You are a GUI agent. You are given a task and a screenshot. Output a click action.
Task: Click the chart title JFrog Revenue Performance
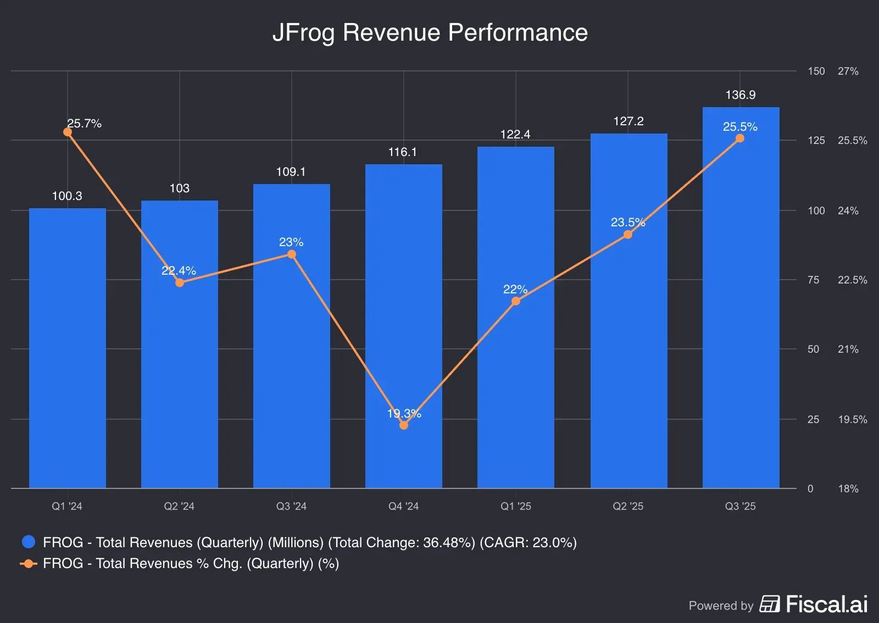(430, 32)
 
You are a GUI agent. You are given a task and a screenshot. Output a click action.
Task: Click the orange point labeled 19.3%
(404, 425)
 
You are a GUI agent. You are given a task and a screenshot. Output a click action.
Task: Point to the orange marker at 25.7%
(68, 132)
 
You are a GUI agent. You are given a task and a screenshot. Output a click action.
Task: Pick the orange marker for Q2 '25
(628, 235)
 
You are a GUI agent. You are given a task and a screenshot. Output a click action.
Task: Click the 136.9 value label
(740, 95)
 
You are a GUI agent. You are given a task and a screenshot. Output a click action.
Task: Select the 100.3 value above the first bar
(67, 196)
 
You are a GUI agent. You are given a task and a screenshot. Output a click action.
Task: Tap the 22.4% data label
(179, 271)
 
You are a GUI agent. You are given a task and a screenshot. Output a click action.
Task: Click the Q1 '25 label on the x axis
(515, 506)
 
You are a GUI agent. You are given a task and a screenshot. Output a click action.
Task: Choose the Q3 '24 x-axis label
(291, 506)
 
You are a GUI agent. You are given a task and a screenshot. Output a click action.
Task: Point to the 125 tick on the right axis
(816, 141)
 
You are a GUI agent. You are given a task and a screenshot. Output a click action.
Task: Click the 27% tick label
(848, 71)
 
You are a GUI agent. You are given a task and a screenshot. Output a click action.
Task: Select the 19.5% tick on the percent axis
(852, 420)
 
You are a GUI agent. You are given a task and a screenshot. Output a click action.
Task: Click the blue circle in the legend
(29, 542)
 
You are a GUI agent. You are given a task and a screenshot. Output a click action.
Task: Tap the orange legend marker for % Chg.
(29, 564)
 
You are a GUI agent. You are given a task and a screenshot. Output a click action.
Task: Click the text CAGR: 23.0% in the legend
(528, 543)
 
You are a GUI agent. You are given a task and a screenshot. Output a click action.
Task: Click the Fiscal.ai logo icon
(770, 604)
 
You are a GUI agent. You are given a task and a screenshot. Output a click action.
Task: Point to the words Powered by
(721, 605)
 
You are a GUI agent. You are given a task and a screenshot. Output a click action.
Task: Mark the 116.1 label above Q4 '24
(402, 152)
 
